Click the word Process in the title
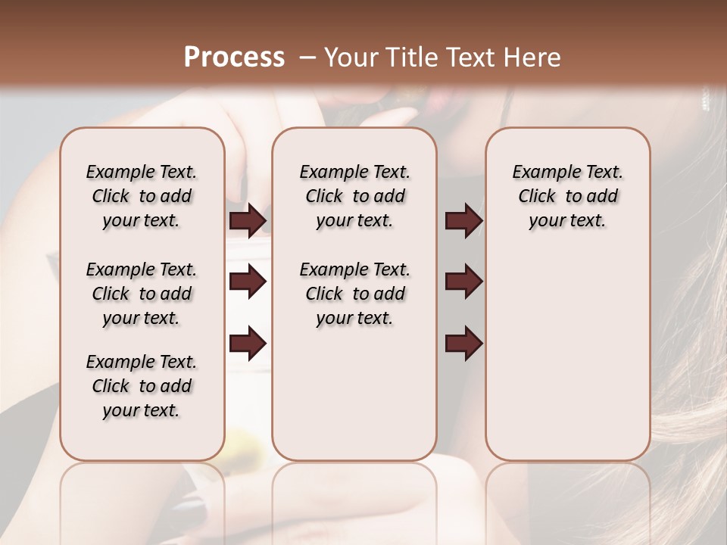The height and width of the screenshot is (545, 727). (x=234, y=58)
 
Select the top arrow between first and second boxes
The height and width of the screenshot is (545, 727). (x=248, y=220)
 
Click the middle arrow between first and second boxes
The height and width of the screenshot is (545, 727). (x=248, y=282)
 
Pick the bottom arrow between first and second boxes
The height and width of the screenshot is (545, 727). (x=248, y=344)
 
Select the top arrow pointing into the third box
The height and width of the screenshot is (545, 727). (x=463, y=220)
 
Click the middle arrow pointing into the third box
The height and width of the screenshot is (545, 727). (x=463, y=282)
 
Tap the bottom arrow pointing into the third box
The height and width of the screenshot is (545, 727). (x=463, y=344)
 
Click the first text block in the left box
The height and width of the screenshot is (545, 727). (x=142, y=196)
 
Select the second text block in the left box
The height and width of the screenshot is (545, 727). (x=142, y=294)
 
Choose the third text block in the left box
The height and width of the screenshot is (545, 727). (x=142, y=386)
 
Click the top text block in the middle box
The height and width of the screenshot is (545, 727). (x=354, y=196)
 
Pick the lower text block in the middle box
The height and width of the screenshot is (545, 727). (x=354, y=294)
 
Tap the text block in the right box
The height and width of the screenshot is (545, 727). (x=567, y=196)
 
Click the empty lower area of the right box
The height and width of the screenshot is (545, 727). (x=567, y=356)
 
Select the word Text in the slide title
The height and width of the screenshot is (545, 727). (x=473, y=58)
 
